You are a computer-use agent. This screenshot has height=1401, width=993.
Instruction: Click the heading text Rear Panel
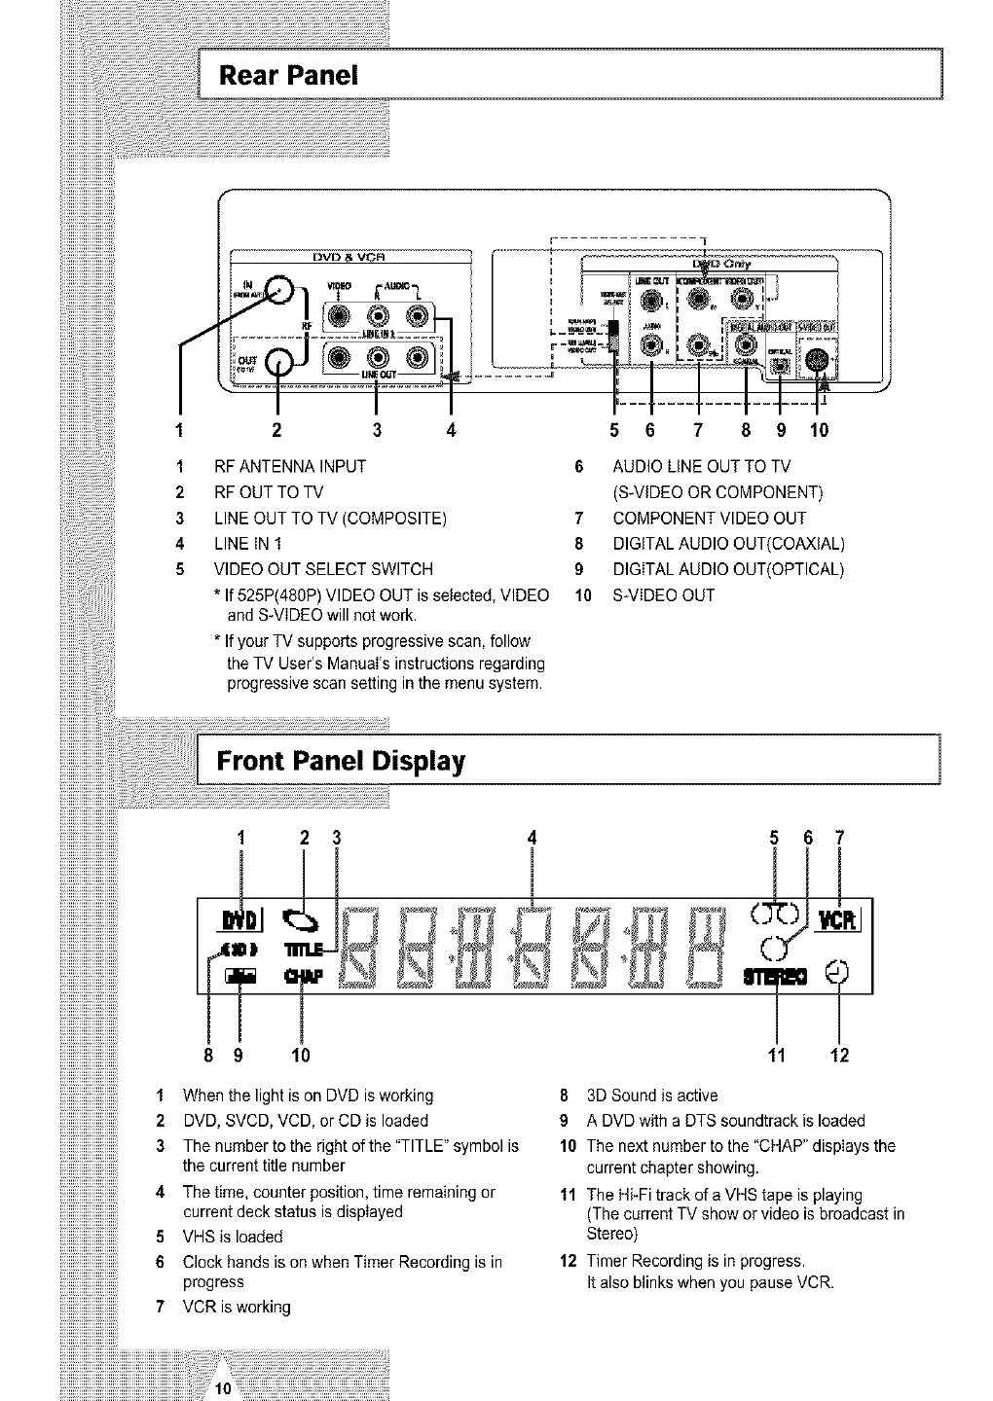click(x=289, y=74)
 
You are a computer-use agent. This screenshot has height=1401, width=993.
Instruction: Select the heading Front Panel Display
click(x=341, y=760)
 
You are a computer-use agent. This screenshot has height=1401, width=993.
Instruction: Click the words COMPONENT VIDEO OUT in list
click(x=709, y=518)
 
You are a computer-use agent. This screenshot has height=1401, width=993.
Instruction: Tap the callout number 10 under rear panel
click(x=819, y=428)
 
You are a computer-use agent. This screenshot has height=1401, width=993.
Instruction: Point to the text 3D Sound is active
click(x=652, y=1095)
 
